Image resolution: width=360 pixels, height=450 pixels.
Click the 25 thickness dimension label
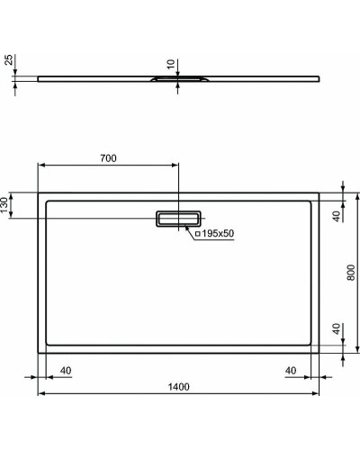(9, 62)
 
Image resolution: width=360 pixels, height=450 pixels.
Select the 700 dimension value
(107, 158)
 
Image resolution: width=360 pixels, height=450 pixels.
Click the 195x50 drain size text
(217, 234)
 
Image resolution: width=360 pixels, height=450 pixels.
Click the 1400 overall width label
(178, 387)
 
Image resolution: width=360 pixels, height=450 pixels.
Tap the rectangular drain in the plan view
(179, 219)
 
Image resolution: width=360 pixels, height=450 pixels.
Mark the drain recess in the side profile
(179, 79)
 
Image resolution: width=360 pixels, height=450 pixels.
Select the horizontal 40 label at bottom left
(66, 370)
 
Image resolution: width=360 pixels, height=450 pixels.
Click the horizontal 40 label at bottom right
(290, 370)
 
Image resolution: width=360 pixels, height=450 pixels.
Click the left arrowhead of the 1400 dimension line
(40, 394)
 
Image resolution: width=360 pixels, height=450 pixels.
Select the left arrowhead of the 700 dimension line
(40, 166)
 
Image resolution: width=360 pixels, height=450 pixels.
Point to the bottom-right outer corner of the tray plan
(320, 353)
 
